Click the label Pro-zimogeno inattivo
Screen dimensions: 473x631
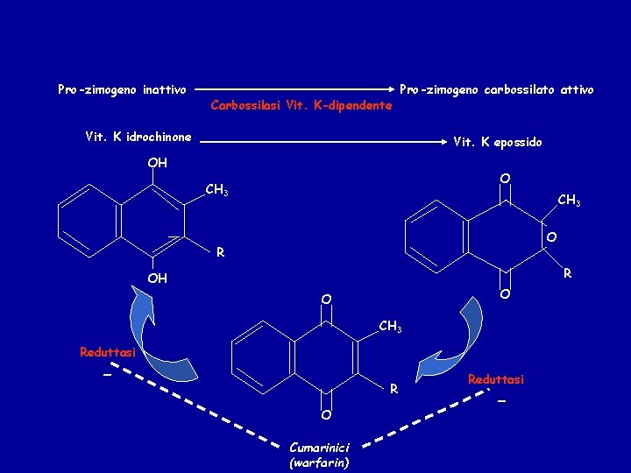(x=122, y=89)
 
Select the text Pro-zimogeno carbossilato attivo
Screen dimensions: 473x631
(x=496, y=89)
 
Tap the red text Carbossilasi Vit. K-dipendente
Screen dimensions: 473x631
(x=301, y=106)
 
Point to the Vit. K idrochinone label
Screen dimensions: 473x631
(x=138, y=137)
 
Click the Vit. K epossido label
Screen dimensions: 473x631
(x=497, y=142)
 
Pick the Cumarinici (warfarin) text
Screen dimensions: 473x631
(x=318, y=455)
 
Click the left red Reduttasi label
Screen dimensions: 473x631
(x=108, y=352)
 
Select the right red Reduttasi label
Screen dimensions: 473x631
(x=495, y=379)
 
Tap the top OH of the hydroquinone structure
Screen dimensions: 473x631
(x=157, y=163)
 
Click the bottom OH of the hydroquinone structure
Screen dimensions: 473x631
(x=157, y=279)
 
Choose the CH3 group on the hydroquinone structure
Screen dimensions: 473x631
(x=216, y=189)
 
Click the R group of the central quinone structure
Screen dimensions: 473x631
(x=394, y=388)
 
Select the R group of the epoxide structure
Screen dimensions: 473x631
(x=568, y=273)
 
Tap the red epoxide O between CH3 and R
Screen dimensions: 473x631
(x=551, y=237)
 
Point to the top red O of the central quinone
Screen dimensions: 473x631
(x=325, y=300)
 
